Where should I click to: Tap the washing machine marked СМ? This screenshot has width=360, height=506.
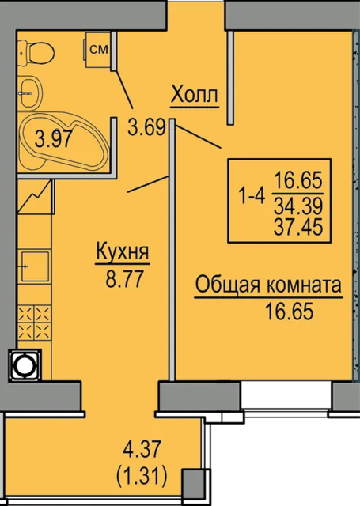tap(98, 50)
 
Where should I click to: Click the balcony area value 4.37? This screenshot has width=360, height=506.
tap(137, 455)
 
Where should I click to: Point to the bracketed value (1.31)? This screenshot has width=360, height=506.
tap(137, 478)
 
